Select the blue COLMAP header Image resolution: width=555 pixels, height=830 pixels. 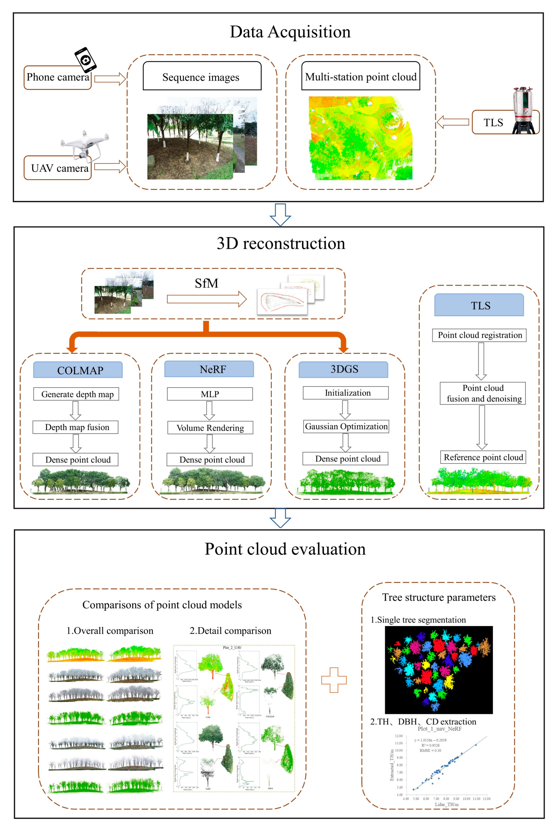tap(78, 370)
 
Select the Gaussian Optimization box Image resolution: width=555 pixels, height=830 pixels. tap(346, 426)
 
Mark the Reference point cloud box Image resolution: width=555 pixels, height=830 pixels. tap(483, 457)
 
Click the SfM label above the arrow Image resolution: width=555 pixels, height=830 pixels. tap(206, 283)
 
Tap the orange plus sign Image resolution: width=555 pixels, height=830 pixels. tap(334, 680)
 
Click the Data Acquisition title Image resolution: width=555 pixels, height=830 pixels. tap(290, 32)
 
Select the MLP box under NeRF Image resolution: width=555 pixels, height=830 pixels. tap(210, 394)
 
